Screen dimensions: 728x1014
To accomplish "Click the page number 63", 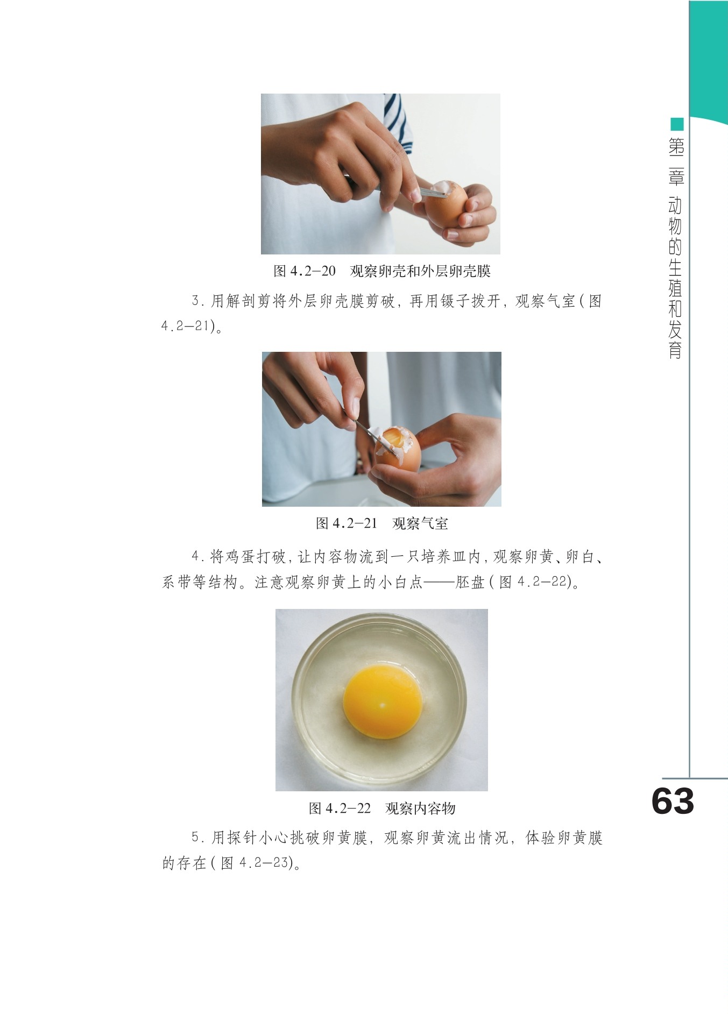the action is (x=673, y=802).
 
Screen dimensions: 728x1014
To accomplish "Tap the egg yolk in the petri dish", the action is (x=383, y=701).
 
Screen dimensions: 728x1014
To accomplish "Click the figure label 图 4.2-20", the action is (x=305, y=271).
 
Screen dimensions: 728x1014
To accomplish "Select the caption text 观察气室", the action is (x=420, y=523).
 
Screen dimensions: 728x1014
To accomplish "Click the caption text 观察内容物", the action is (x=420, y=809).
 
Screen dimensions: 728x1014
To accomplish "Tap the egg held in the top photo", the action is (x=446, y=204).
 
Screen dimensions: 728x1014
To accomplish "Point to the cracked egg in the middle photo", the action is (x=398, y=449).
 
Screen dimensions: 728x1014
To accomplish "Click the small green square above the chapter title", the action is (x=677, y=124).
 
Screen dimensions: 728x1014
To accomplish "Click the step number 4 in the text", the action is (x=196, y=556).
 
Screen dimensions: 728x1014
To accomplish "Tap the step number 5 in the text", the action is (x=196, y=838).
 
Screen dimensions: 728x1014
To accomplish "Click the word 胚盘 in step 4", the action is (x=470, y=582).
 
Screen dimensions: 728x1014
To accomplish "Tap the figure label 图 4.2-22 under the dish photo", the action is (x=340, y=809).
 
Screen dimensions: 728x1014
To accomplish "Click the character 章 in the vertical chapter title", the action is (x=676, y=176).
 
